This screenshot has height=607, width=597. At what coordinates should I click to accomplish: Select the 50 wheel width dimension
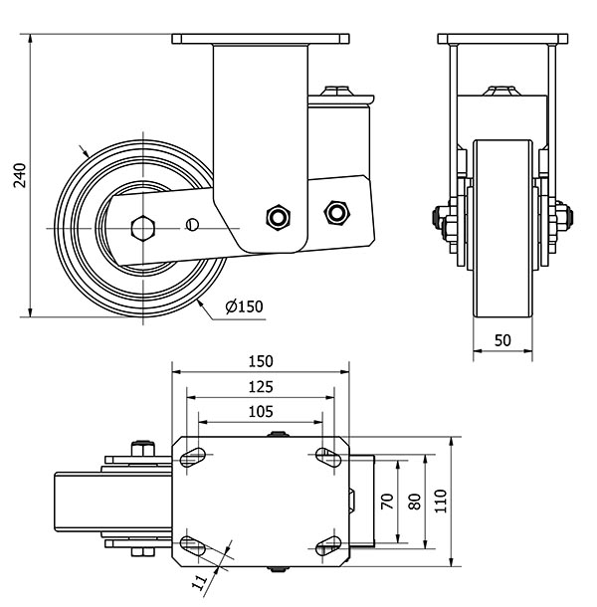tap(502, 341)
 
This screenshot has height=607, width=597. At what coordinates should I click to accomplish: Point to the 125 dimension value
tap(261, 386)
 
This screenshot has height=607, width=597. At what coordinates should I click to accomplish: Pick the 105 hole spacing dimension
tap(261, 411)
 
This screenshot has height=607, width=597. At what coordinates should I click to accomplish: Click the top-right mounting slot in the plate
tap(327, 456)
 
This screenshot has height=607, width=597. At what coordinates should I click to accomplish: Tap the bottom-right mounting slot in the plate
tap(327, 545)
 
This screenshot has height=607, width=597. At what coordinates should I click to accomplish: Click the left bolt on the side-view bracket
tap(277, 217)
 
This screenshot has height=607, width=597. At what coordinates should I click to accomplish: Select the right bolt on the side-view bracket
tap(336, 211)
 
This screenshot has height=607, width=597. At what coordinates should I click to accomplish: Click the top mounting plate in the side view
tap(262, 39)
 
